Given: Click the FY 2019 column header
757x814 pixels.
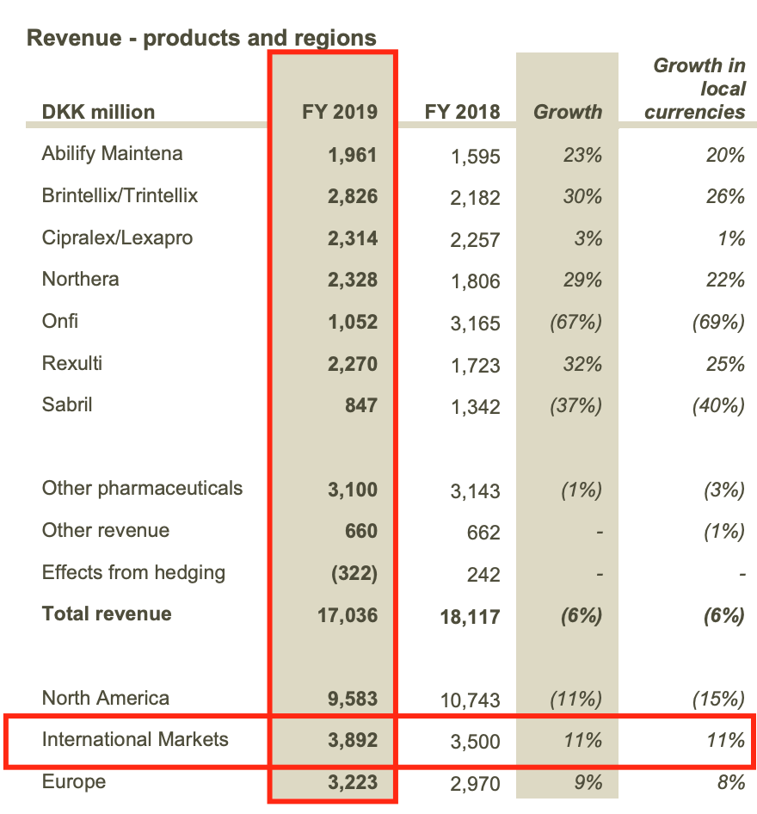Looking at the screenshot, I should click(339, 112).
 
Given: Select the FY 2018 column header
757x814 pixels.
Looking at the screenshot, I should click(462, 112).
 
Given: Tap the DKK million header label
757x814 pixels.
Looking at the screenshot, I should click(98, 112).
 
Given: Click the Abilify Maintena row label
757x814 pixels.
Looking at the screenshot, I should click(112, 154).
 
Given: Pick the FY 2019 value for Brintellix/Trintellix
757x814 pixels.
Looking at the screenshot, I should click(353, 196).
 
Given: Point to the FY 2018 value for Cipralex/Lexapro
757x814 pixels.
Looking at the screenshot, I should click(475, 239).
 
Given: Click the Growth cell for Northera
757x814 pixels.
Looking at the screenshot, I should click(582, 281).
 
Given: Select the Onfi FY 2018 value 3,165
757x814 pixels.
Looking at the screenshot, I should click(475, 324).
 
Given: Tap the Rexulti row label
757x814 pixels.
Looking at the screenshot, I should click(72, 363).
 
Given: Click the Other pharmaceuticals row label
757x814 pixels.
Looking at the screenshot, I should click(142, 489).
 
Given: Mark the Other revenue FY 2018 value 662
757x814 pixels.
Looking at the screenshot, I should click(483, 533).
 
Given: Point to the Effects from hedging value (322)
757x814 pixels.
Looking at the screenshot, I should click(354, 573).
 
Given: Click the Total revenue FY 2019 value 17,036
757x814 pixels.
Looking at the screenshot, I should click(348, 615).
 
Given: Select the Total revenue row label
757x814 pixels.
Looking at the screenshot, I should click(107, 614).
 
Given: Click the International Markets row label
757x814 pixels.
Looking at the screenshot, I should click(135, 739).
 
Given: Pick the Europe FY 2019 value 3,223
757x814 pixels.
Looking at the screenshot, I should click(353, 782).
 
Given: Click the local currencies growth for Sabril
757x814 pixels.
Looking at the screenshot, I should click(718, 405).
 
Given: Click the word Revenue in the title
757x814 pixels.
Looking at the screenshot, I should click(68, 39).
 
